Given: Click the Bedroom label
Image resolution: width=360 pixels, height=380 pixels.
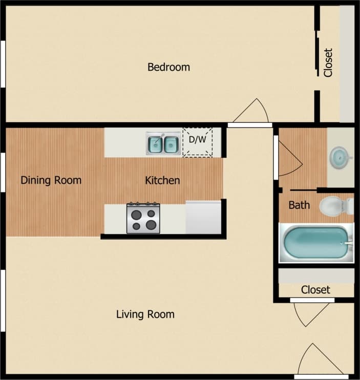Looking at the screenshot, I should (x=168, y=67).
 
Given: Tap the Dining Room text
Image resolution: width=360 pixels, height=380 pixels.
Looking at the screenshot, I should (x=51, y=180).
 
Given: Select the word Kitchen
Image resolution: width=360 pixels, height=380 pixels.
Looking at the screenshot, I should (x=162, y=180).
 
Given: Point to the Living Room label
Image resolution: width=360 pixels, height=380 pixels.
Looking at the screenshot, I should (x=145, y=314).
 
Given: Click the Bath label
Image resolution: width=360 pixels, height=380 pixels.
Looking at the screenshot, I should (x=299, y=205).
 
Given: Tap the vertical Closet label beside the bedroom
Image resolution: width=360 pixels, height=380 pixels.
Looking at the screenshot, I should (x=328, y=62).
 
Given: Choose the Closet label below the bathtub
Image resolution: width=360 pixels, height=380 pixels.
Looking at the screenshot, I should (x=315, y=290).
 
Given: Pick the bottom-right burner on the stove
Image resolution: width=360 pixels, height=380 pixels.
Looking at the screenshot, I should (x=151, y=224).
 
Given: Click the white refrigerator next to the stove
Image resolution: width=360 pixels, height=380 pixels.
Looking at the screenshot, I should (x=203, y=218).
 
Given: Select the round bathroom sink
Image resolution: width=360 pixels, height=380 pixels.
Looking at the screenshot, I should (x=338, y=155).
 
